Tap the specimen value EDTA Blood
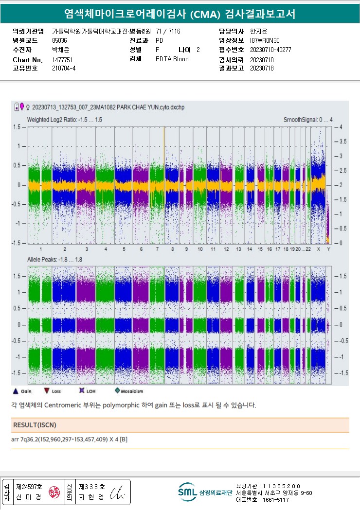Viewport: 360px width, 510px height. point(172,59)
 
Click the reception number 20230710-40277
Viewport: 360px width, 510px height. point(270,50)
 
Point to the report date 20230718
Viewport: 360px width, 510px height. point(262,68)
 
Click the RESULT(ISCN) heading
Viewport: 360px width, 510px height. point(35,425)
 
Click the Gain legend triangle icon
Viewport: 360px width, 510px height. point(15,390)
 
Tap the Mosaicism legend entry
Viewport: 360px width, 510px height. point(129,391)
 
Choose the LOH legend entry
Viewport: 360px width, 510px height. point(88,391)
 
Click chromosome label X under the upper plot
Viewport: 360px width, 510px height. point(319,249)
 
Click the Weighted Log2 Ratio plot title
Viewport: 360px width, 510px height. point(65,120)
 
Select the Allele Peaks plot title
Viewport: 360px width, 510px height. point(54,260)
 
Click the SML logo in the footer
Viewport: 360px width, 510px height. point(187,492)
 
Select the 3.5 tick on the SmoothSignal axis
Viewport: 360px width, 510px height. point(342,141)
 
